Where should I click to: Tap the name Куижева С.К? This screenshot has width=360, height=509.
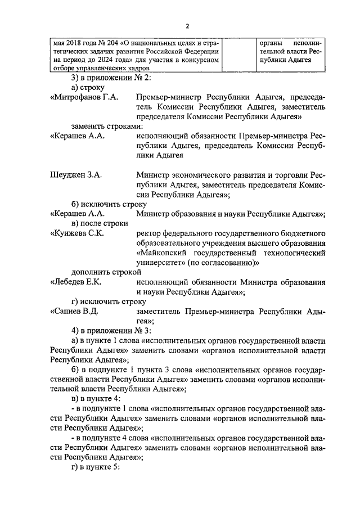point(76,233)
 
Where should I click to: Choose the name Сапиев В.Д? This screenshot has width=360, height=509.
point(75,311)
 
